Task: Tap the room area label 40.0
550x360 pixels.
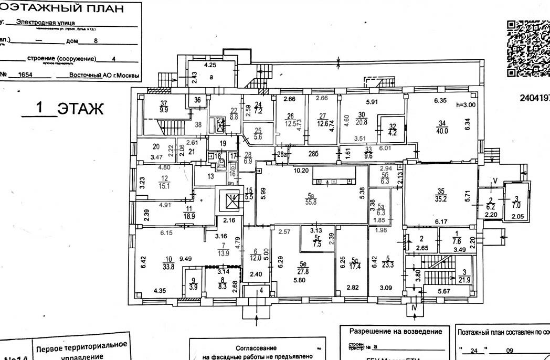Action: [x=442, y=132]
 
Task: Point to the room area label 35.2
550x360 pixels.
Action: [x=441, y=199]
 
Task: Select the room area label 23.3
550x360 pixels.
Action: [x=388, y=266]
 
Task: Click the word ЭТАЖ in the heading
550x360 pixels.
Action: [x=81, y=109]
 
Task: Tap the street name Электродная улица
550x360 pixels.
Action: [x=45, y=23]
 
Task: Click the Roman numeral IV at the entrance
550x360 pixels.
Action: [x=414, y=307]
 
